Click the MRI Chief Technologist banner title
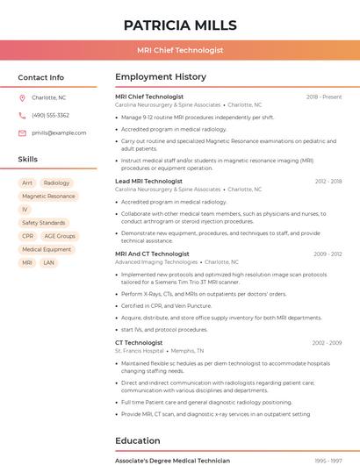pyautogui.click(x=180, y=51)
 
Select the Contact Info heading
pyautogui.click(x=40, y=77)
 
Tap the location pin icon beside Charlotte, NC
pyautogui.click(x=22, y=98)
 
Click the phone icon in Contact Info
pyautogui.click(x=22, y=115)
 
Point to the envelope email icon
pyautogui.click(x=22, y=132)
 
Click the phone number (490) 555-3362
pyautogui.click(x=50, y=115)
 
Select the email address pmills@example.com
pyautogui.click(x=53, y=132)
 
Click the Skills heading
pyautogui.click(x=28, y=160)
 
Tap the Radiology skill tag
pyautogui.click(x=56, y=183)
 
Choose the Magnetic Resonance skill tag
pyautogui.click(x=48, y=197)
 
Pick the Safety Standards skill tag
pyautogui.click(x=43, y=223)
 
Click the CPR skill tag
pyautogui.click(x=28, y=236)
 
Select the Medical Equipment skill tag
pyautogui.click(x=47, y=249)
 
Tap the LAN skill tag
pyautogui.click(x=48, y=262)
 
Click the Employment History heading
pyautogui.click(x=161, y=77)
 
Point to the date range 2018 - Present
pyautogui.click(x=324, y=97)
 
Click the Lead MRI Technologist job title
pyautogui.click(x=148, y=181)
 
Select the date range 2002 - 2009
pyautogui.click(x=327, y=343)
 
